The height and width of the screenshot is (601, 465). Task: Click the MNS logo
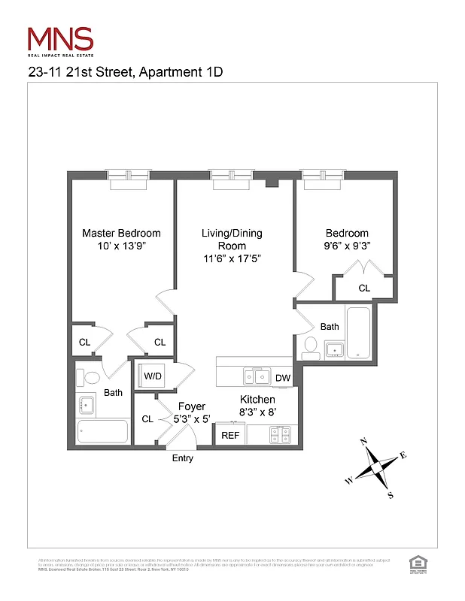[60, 40]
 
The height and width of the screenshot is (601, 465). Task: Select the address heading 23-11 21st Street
[125, 72]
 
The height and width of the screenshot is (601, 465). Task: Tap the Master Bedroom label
[121, 233]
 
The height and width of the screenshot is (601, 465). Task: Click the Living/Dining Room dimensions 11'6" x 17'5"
[232, 258]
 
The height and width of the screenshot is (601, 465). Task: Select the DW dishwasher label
[283, 378]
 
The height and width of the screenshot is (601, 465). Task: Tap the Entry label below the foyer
[183, 458]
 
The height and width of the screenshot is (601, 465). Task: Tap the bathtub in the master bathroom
[103, 432]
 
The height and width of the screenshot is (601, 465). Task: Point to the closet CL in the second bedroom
[364, 288]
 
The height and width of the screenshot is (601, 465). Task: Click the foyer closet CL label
[147, 419]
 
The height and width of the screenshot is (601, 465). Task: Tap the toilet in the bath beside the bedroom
[310, 346]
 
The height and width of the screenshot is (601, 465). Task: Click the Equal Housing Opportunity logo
[415, 563]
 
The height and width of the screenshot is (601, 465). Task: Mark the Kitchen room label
[257, 399]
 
